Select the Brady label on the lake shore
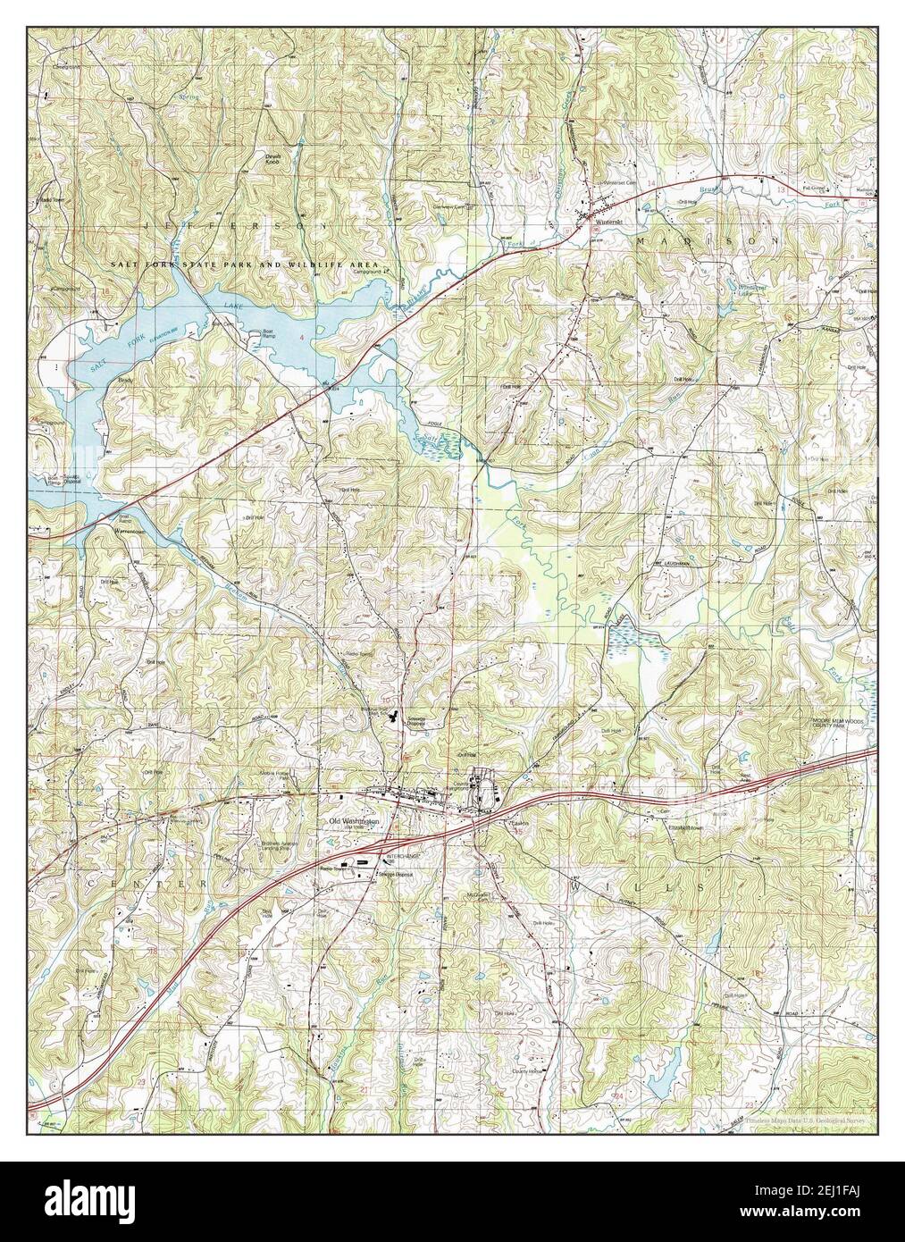[x=124, y=380]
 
